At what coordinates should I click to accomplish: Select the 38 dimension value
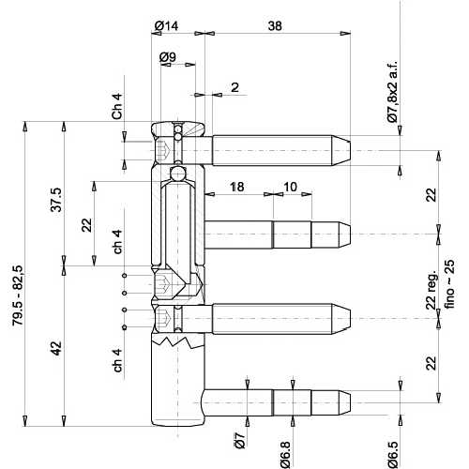click(x=276, y=25)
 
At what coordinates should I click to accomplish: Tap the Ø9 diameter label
click(x=168, y=57)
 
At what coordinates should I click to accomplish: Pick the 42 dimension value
click(x=57, y=348)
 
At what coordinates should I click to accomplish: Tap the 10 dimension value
click(x=291, y=188)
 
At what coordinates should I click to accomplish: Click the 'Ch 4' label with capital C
click(x=116, y=106)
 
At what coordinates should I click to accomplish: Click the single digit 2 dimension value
click(x=234, y=87)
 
